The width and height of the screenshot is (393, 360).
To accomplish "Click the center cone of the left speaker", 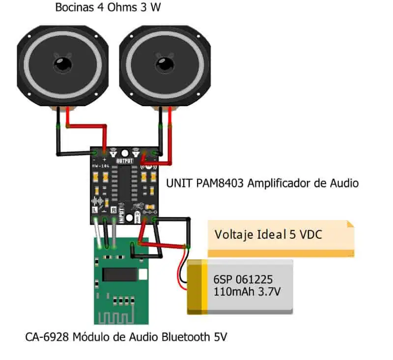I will pos(63,64).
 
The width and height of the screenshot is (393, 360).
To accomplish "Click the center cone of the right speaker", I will pos(165,64).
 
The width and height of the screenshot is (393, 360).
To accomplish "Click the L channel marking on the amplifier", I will pos(94,210).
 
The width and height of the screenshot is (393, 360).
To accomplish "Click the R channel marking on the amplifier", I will pos(114,210).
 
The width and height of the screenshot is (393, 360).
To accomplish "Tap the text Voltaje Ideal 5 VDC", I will pos(268,235).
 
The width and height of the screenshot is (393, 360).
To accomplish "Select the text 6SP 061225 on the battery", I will pos(242,279).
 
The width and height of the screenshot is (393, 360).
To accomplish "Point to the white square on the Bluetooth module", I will pos(142,275).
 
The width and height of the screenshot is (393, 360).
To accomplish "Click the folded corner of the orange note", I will pos(350,224).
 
